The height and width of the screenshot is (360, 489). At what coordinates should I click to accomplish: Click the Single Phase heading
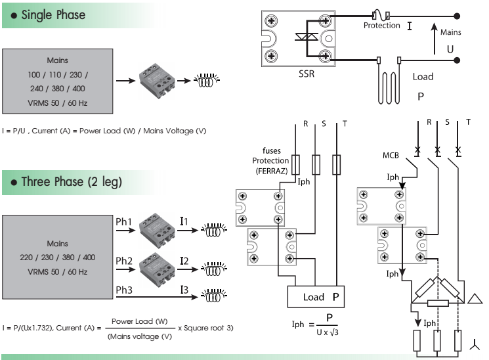[53, 14]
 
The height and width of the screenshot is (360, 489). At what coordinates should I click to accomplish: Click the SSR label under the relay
[306, 74]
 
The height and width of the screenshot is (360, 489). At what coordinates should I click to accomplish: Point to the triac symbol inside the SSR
[305, 37]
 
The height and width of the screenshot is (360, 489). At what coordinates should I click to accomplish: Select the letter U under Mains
[450, 49]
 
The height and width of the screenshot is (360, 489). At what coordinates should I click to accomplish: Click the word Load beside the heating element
[423, 76]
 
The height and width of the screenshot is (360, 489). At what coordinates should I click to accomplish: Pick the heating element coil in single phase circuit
[389, 81]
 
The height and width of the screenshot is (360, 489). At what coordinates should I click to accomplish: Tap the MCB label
[392, 156]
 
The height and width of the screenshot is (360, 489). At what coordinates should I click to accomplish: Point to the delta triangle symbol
[474, 299]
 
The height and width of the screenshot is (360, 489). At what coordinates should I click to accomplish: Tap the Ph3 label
[124, 290]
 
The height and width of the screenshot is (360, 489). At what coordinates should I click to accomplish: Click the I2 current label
[184, 261]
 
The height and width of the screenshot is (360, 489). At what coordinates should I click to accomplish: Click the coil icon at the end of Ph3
[211, 296]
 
